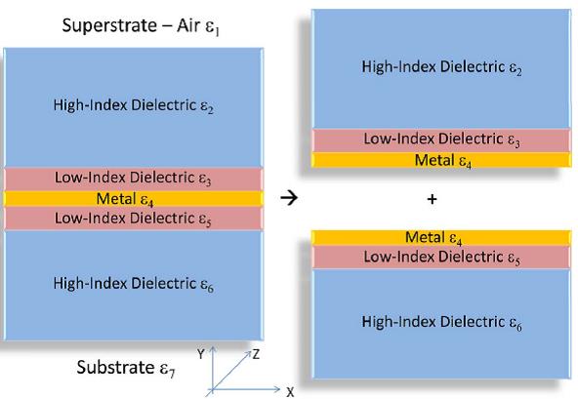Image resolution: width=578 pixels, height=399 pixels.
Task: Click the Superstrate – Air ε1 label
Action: (141, 26)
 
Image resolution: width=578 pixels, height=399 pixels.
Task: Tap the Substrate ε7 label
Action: (126, 368)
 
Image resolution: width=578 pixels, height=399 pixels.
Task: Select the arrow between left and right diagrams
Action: (289, 198)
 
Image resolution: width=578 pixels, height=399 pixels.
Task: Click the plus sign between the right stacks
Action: (432, 199)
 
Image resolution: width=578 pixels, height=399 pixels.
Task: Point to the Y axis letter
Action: (200, 354)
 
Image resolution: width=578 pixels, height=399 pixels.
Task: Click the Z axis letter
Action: (256, 354)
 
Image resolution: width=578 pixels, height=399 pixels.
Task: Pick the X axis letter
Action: (290, 392)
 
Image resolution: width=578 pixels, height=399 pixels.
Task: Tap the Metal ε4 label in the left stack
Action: (125, 199)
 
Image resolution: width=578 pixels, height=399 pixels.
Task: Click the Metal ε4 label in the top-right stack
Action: (443, 161)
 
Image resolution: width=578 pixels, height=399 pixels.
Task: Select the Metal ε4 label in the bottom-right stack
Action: (433, 238)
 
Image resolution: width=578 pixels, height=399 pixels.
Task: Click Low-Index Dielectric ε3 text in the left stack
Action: (133, 178)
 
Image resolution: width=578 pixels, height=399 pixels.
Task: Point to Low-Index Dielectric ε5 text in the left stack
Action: (133, 219)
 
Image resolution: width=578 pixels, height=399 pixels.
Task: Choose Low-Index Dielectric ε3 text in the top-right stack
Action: (442, 140)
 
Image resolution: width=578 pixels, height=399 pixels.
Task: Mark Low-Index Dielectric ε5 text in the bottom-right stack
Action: (442, 258)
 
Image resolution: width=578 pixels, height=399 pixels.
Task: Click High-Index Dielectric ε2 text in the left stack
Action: (134, 105)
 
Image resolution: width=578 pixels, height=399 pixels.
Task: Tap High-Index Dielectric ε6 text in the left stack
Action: (134, 284)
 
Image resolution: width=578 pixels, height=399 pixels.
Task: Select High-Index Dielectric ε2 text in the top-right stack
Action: (442, 67)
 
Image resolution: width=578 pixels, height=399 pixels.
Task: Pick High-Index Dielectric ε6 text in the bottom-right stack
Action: (442, 322)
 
